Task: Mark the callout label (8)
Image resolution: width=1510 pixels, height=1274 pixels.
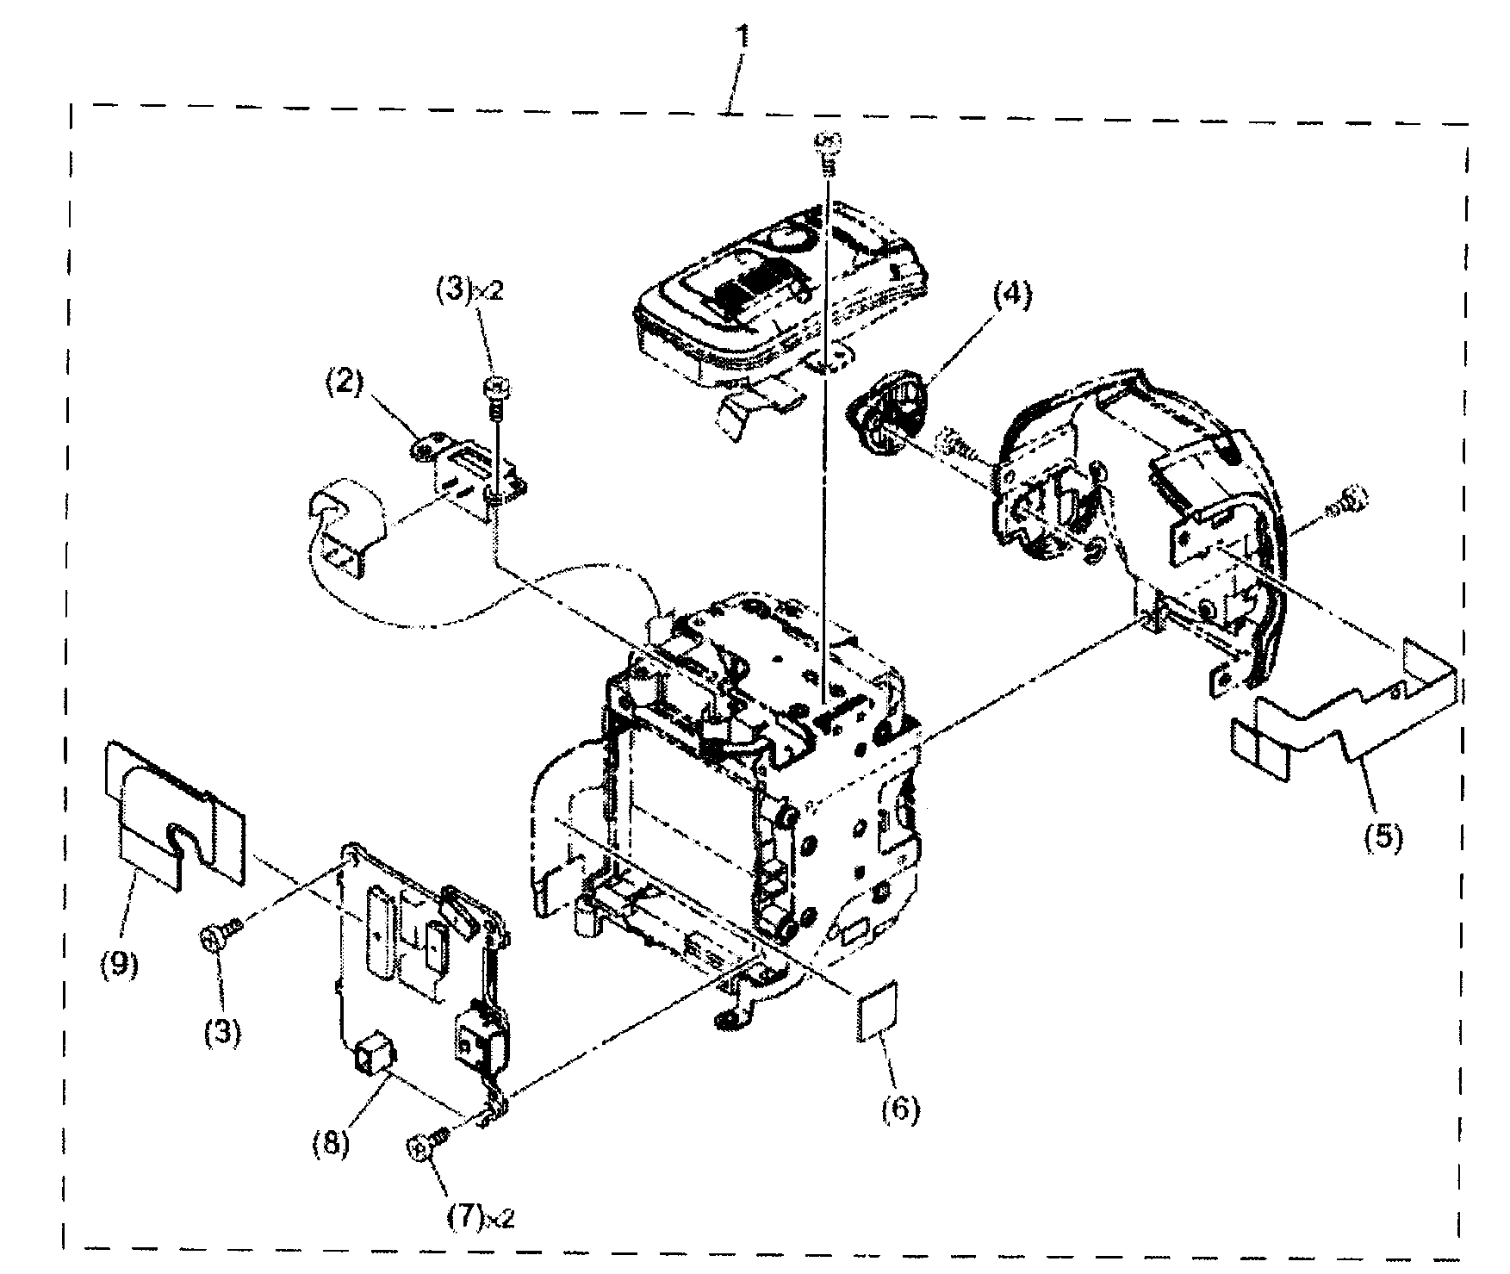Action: click(x=331, y=1145)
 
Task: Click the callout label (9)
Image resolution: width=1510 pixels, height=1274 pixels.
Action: click(x=118, y=964)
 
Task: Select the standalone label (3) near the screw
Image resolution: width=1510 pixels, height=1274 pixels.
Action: click(x=222, y=1030)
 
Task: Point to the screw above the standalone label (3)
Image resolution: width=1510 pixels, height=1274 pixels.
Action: click(x=218, y=935)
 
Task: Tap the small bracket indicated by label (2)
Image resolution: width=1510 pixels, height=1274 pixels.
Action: click(x=469, y=473)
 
